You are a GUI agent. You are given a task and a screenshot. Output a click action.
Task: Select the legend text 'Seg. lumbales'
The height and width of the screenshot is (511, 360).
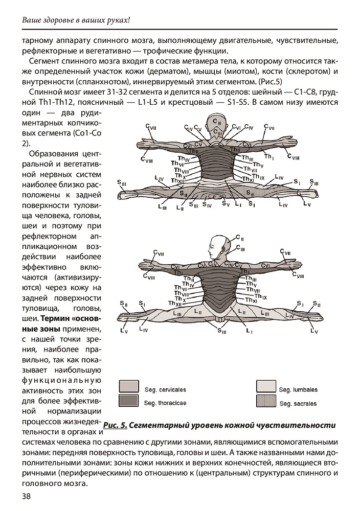298,389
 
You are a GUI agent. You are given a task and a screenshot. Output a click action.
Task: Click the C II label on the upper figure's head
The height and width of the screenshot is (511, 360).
218,123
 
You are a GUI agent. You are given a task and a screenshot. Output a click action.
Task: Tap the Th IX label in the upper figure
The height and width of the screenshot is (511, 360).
260,177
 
